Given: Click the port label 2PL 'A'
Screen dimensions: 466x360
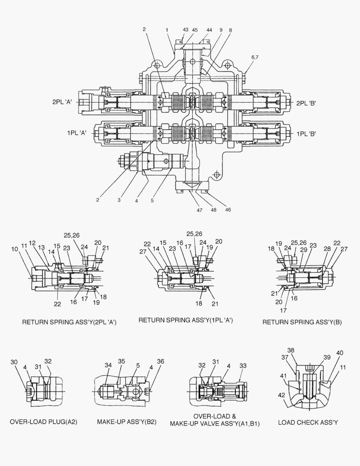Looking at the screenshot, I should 63,102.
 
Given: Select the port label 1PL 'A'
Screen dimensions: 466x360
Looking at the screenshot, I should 77,133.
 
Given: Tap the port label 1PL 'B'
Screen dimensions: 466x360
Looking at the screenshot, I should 306,134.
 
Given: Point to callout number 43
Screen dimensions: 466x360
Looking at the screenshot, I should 185,30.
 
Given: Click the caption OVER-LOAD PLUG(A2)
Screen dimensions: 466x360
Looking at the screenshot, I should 44,422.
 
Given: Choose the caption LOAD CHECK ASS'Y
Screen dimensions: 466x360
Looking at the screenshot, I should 308,422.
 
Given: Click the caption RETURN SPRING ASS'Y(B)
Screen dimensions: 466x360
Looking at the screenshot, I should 302,322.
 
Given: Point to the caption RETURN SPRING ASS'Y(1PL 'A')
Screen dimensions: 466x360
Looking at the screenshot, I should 185,320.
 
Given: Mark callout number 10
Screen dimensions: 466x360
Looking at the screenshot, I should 15,249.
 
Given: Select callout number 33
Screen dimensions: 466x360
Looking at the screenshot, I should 243,365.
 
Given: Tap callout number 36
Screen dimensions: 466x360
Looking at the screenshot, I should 160,362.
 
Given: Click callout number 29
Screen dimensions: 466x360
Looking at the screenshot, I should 304,250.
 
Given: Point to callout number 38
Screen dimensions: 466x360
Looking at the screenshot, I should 291,350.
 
